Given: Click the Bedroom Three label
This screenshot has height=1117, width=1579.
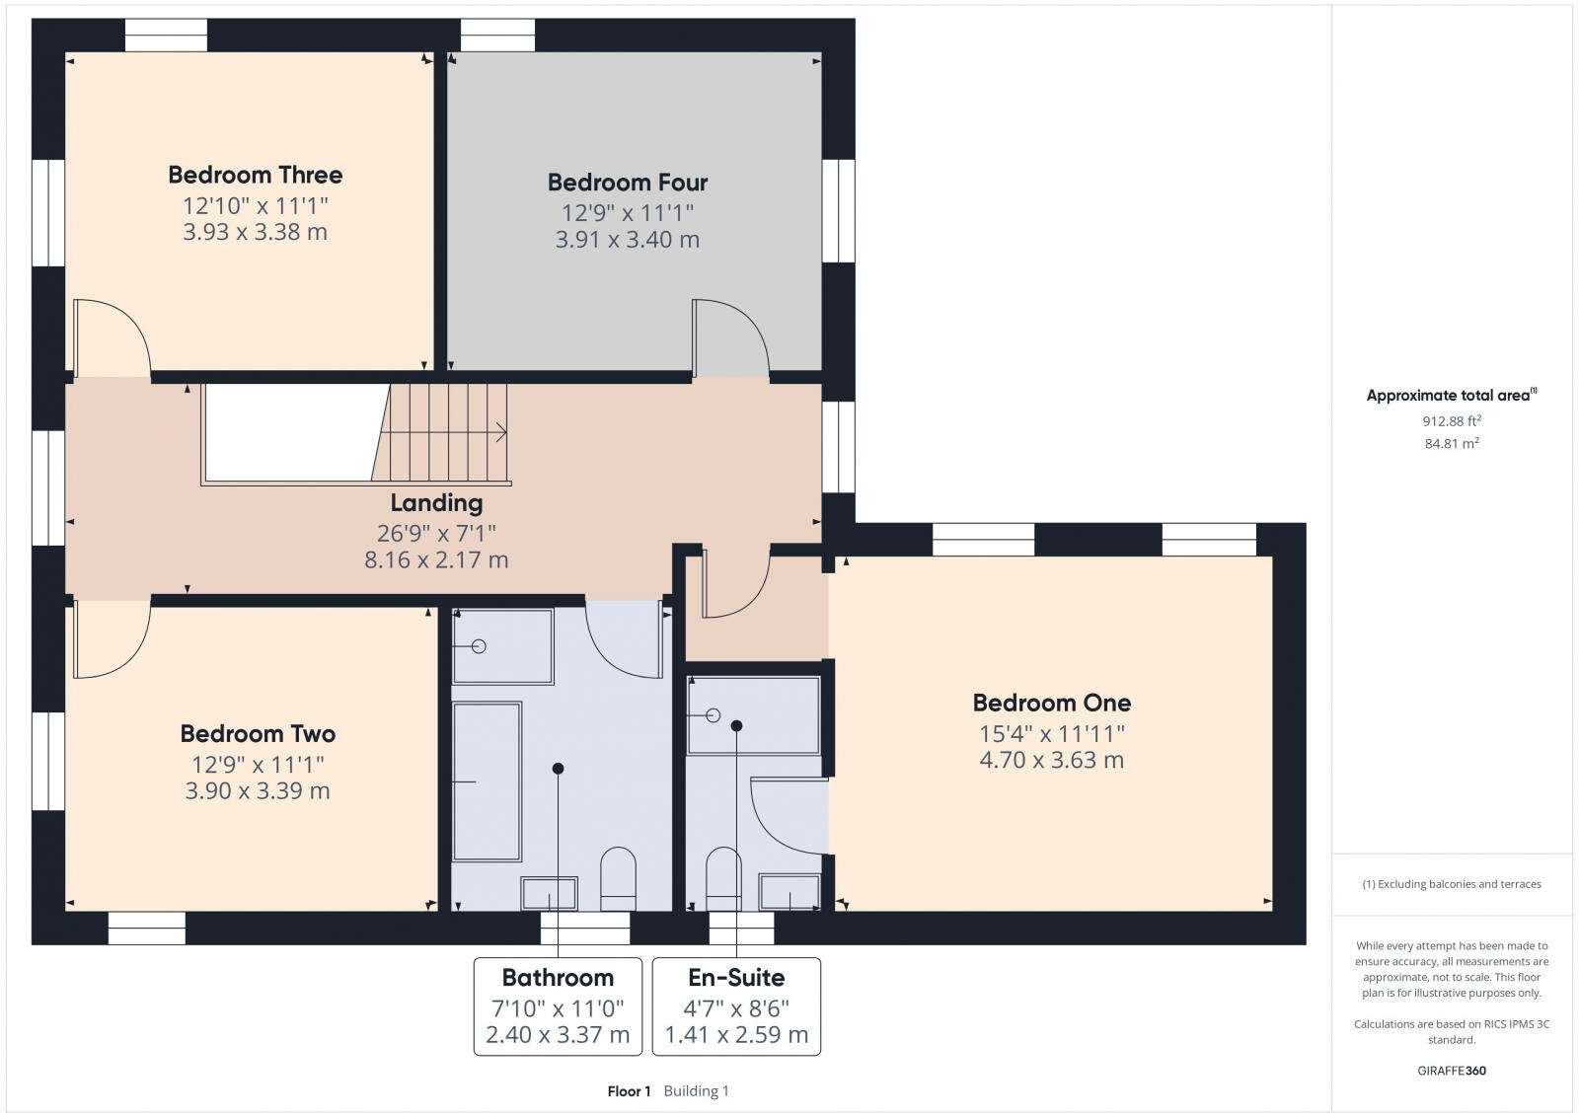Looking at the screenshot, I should click(255, 175).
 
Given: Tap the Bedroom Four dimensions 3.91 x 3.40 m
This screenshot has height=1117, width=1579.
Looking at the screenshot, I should click(628, 240).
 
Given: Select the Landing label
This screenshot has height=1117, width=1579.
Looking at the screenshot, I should click(436, 503).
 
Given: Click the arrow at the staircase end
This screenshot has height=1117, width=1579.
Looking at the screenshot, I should click(500, 431).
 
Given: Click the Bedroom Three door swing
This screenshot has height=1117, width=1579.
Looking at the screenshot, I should click(111, 337).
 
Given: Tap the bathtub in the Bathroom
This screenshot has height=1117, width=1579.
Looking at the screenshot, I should click(487, 782).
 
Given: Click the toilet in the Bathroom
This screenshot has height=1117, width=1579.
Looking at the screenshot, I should click(619, 878).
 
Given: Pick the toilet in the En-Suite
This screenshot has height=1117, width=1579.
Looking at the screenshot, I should click(723, 878).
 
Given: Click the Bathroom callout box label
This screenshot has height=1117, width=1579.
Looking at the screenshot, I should click(558, 978).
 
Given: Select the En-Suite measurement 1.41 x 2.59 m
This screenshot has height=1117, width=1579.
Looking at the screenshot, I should click(736, 1035).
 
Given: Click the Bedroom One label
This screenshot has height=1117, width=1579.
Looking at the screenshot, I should click(1052, 703).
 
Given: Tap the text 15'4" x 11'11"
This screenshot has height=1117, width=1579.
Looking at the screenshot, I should click(1052, 734).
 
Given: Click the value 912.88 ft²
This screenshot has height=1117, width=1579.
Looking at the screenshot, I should click(1452, 421).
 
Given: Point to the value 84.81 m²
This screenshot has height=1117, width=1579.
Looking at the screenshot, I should click(1452, 444).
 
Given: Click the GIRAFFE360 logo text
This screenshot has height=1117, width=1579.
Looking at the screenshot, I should click(1452, 1071).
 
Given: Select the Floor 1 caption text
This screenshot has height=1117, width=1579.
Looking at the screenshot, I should click(629, 1091).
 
